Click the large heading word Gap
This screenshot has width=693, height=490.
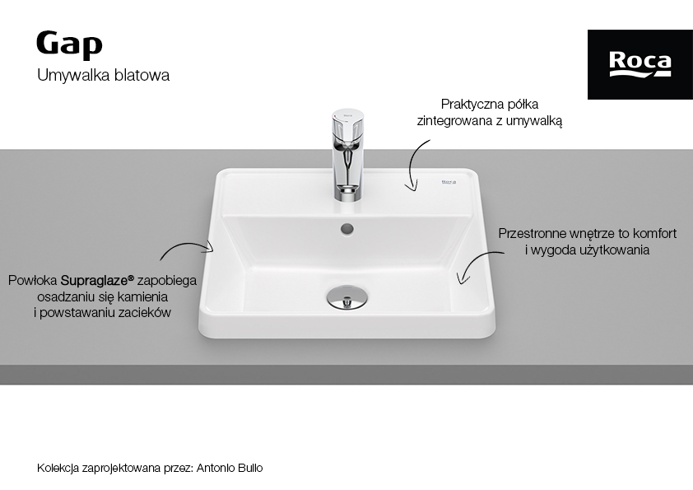point(69,44)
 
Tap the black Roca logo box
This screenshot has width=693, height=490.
point(640,64)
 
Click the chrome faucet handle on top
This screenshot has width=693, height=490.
point(348,120)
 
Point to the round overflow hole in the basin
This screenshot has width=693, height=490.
point(347,229)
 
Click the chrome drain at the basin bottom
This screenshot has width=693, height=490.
point(347,296)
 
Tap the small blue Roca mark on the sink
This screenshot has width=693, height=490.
point(449,181)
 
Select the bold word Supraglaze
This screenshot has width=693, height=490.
point(97,280)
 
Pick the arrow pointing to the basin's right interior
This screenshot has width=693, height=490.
point(475,261)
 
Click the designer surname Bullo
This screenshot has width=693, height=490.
point(249,468)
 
